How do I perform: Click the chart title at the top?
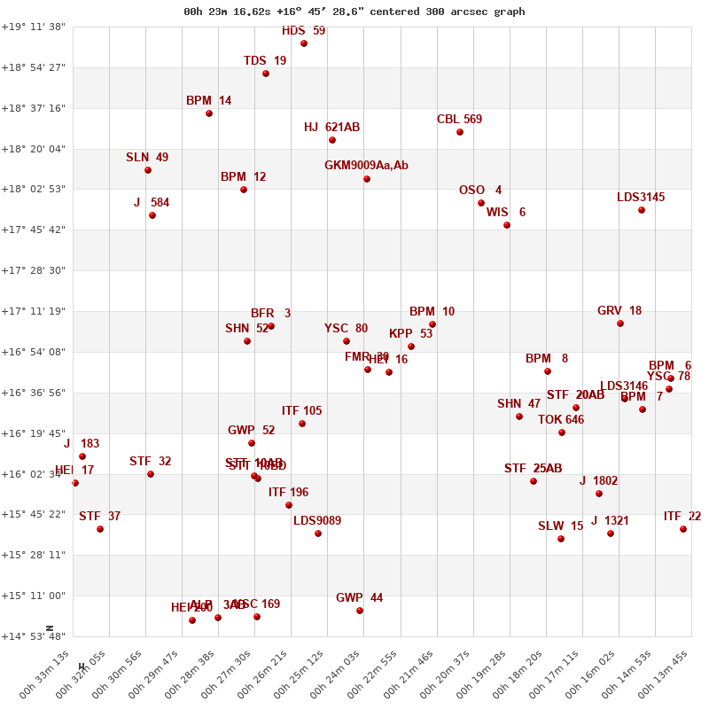click(x=354, y=12)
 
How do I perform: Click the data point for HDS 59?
click(x=304, y=43)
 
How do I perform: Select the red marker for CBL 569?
click(x=460, y=132)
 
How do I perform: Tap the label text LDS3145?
click(x=641, y=198)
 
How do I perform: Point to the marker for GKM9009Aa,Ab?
click(x=367, y=179)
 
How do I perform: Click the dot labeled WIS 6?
click(x=507, y=225)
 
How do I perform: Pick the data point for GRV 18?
click(x=620, y=323)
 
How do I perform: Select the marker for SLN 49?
click(x=148, y=170)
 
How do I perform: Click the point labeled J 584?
click(x=152, y=215)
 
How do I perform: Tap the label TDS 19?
click(x=265, y=61)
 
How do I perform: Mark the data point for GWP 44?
click(x=360, y=611)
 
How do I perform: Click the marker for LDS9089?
click(x=318, y=534)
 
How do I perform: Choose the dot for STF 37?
click(x=100, y=529)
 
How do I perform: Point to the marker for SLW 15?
click(x=561, y=539)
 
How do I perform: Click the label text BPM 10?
click(x=432, y=312)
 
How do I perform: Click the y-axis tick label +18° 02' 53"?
click(x=34, y=189)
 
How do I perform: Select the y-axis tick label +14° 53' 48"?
click(x=34, y=636)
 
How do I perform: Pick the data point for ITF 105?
click(x=302, y=424)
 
